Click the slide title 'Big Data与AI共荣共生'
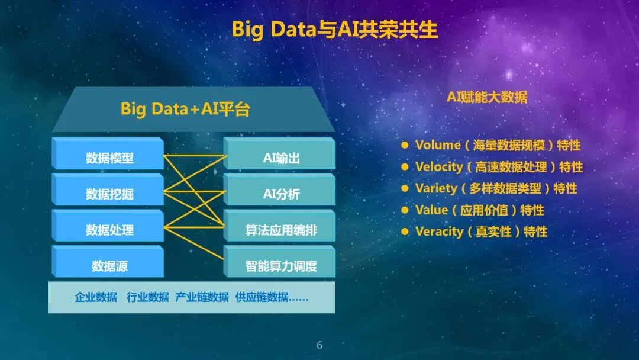[334, 30]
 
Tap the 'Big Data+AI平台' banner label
[185, 110]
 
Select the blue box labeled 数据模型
[108, 153]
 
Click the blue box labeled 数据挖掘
[108, 189]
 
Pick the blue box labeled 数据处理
[108, 226]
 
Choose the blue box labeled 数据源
[108, 261]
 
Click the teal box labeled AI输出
[279, 153]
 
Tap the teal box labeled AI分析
[279, 189]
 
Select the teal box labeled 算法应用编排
[279, 226]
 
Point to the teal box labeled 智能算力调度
[279, 261]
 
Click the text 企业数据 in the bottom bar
[96, 297]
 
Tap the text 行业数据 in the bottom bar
[147, 297]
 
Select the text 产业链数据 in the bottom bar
[202, 297]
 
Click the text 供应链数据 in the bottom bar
[262, 297]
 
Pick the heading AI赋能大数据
[487, 97]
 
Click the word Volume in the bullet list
[438, 144]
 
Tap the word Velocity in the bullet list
[439, 167]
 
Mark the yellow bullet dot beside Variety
[405, 188]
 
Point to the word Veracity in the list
[439, 232]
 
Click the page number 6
[319, 345]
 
